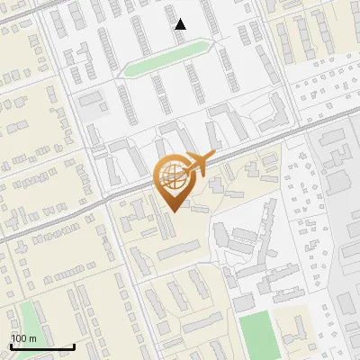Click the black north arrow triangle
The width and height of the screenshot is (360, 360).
[181, 24]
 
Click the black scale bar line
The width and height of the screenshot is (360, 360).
[42, 346]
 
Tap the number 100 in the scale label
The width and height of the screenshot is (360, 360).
[19, 338]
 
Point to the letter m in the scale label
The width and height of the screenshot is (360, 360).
[32, 338]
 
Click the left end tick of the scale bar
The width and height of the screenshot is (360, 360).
[11, 345]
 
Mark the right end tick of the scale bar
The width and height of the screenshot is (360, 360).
[74, 345]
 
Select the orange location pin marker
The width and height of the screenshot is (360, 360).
[172, 180]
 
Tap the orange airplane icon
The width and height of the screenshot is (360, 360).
[199, 163]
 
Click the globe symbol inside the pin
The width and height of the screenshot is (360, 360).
[171, 174]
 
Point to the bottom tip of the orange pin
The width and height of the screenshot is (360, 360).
[172, 210]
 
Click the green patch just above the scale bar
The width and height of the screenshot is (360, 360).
[27, 319]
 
